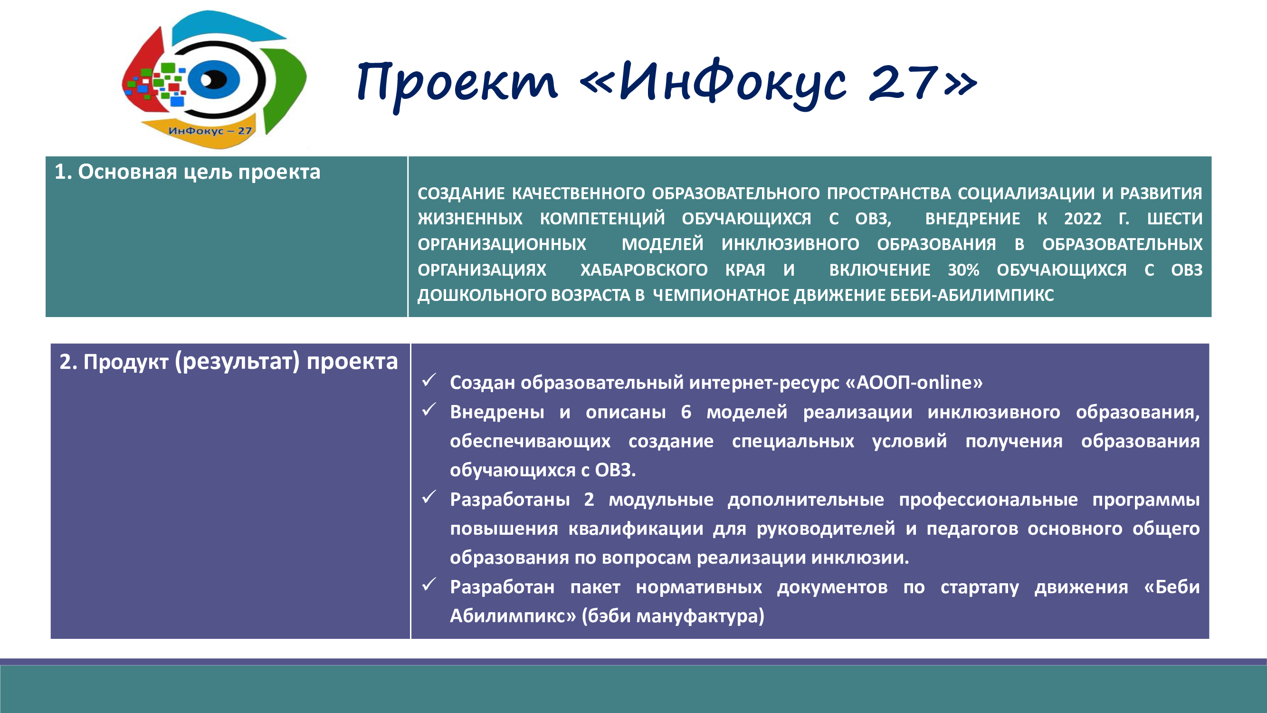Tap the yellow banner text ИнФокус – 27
[210, 131]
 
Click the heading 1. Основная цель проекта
[187, 172]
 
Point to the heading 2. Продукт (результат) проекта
[229, 362]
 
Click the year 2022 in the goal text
[1083, 219]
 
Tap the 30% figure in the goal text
[963, 270]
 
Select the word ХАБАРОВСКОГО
[644, 270]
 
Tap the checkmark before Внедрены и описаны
[429, 409]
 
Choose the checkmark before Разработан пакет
[429, 585]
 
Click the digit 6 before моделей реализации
[686, 412]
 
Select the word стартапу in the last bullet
[980, 588]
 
